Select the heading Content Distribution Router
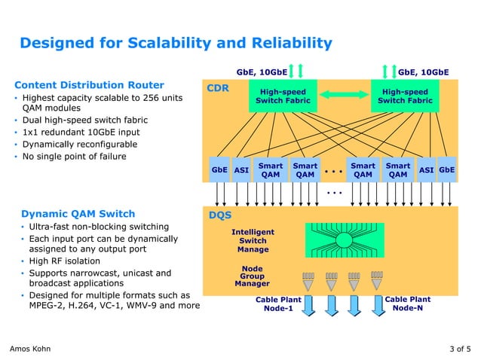(x=90, y=84)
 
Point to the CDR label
(x=218, y=88)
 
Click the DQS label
(x=219, y=215)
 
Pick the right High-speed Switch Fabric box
(x=405, y=96)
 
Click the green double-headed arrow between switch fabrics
(x=344, y=95)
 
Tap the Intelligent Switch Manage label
(x=253, y=240)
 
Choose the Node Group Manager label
(x=252, y=276)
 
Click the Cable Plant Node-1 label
(x=277, y=304)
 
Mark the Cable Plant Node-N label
(x=407, y=304)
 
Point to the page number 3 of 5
(x=459, y=349)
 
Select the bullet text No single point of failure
(x=74, y=157)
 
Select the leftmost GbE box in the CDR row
(x=219, y=170)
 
